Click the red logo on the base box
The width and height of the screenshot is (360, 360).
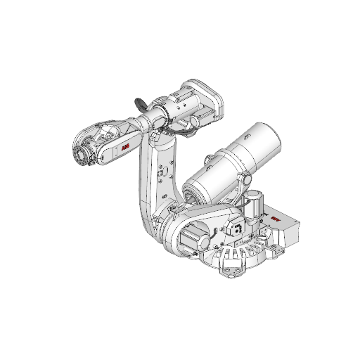[x=275, y=218]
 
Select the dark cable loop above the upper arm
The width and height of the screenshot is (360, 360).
[x=140, y=103]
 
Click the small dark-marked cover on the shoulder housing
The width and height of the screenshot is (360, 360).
[x=236, y=228]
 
